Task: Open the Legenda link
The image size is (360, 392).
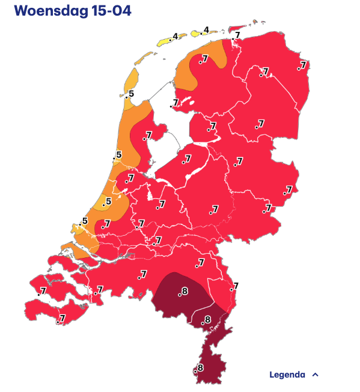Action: pos(287,375)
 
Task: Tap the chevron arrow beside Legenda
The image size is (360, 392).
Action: pos(316,375)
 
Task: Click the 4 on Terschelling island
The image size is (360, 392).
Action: pos(175,37)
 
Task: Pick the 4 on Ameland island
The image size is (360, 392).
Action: pos(206,30)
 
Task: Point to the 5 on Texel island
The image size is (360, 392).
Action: pos(131,94)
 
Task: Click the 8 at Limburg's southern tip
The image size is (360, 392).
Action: pos(200,368)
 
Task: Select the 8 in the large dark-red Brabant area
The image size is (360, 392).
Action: pos(184,292)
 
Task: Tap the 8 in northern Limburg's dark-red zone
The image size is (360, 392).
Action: pos(208,319)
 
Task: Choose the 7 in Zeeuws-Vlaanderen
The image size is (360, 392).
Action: pos(62,318)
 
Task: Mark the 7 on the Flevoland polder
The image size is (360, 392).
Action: pos(188,159)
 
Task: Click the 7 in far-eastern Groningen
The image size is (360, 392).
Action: pos(303,65)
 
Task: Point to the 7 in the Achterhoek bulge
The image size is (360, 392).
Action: pos(289,190)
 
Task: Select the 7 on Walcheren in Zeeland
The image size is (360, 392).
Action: pos(43,292)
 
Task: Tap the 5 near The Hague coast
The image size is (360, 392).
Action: pos(85,221)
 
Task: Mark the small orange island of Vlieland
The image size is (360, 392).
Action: pos(144,58)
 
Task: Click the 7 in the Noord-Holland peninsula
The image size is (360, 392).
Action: pos(148,136)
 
